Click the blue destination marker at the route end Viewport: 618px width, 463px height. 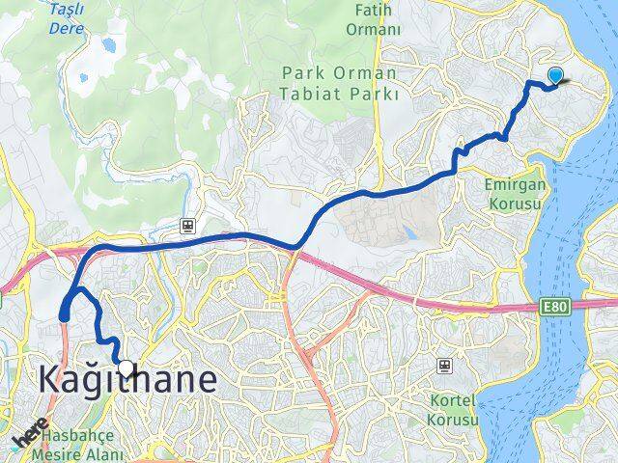(556, 76)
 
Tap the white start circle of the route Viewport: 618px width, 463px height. (126, 366)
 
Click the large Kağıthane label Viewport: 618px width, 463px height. (127, 379)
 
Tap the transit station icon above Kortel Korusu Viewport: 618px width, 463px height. (443, 366)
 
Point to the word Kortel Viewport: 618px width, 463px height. (451, 401)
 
